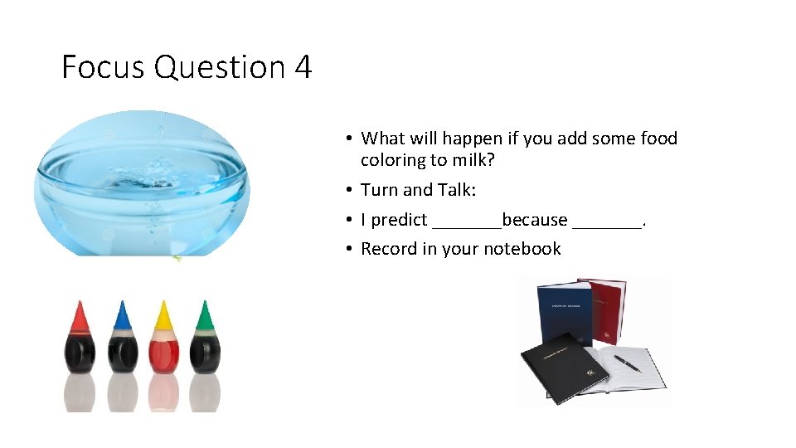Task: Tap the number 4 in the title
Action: point(303,67)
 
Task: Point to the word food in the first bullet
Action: point(659,139)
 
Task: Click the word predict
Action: point(400,220)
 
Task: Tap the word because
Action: point(535,220)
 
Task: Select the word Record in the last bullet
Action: point(390,249)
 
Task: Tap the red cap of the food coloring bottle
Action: point(80,316)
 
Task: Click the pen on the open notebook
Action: point(628,363)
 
